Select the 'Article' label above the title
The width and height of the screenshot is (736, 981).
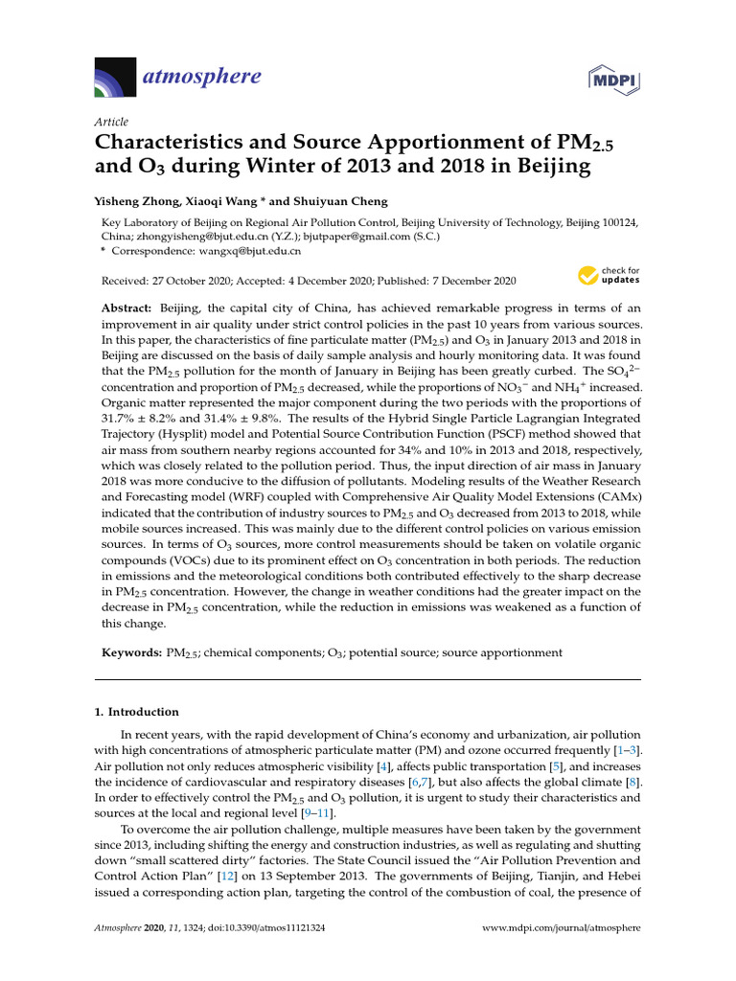[x=111, y=122]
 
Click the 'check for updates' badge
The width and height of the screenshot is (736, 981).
[x=609, y=277]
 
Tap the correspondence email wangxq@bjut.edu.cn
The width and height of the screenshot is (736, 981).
[x=249, y=251]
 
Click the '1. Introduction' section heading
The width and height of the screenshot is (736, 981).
[x=136, y=712]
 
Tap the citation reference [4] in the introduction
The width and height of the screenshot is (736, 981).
[x=382, y=767]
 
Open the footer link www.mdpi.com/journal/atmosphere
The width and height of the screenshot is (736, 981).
[x=560, y=928]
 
